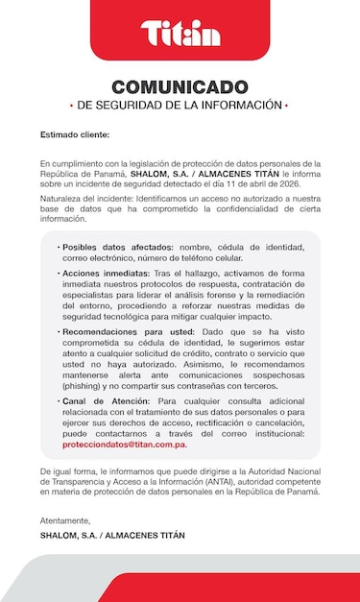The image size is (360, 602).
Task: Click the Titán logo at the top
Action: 180,34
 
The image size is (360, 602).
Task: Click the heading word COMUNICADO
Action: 180,86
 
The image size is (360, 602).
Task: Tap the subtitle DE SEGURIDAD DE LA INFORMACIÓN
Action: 180,104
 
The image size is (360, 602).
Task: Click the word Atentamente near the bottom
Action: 65,520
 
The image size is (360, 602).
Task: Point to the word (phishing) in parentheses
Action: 83,383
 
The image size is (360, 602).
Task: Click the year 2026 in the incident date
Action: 290,182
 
